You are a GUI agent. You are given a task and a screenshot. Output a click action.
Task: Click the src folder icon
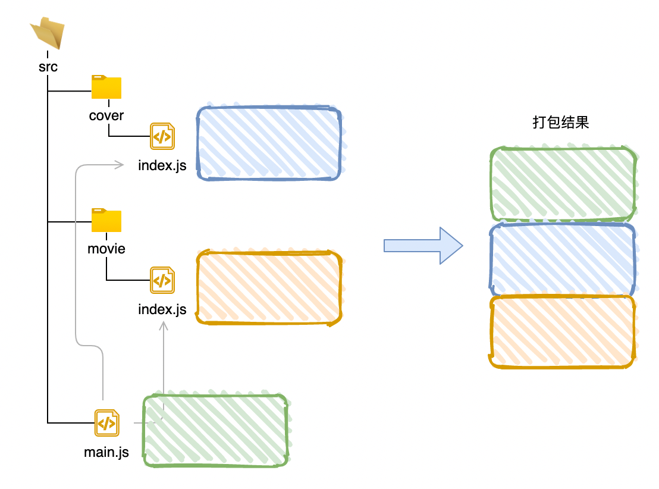48,33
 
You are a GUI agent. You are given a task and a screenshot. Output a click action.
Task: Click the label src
48,67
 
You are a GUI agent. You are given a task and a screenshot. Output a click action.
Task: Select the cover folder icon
106,87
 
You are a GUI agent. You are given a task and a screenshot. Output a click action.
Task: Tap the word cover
106,115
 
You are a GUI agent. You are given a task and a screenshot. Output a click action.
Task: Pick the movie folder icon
106,221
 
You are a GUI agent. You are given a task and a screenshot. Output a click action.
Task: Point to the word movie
106,248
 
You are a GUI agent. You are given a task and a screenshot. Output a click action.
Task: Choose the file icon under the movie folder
162,280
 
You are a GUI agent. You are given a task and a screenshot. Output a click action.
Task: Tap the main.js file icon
106,424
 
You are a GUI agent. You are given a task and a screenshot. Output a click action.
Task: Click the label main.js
106,452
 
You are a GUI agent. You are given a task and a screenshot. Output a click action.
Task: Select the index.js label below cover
162,165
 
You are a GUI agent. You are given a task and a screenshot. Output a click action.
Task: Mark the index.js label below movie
162,309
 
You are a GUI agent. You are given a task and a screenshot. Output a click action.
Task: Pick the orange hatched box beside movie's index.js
269,288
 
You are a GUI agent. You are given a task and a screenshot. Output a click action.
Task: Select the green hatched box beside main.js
215,430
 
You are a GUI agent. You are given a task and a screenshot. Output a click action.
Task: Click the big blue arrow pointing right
423,246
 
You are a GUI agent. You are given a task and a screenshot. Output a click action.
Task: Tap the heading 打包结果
560,123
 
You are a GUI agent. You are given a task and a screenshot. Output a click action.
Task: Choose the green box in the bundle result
563,183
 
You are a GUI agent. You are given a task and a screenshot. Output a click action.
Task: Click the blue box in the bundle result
563,259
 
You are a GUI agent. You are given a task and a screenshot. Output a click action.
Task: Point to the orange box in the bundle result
563,332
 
